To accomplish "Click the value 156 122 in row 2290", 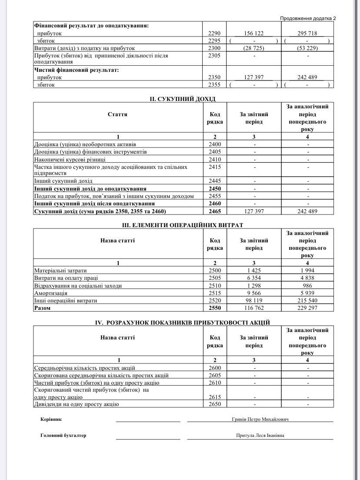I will point(254,33).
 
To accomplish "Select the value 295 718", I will point(307,33).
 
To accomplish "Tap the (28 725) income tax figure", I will point(254,48).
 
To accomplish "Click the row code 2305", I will point(215,56).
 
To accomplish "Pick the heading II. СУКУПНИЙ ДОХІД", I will point(183,99).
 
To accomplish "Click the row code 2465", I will point(215,211).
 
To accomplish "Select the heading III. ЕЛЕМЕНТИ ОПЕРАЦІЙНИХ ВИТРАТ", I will point(183,225).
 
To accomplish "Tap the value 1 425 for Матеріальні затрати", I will point(254,271).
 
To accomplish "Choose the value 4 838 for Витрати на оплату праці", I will point(307,278).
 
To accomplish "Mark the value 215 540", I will point(307,301).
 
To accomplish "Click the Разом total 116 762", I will point(254,308).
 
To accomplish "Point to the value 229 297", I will point(307,308).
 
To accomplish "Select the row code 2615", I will point(215,397).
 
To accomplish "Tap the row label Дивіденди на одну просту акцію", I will point(77,404).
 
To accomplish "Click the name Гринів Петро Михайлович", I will point(260,420).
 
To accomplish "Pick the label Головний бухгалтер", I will point(63,436).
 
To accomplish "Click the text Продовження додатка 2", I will point(308,18).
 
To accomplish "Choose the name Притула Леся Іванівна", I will point(260,436).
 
